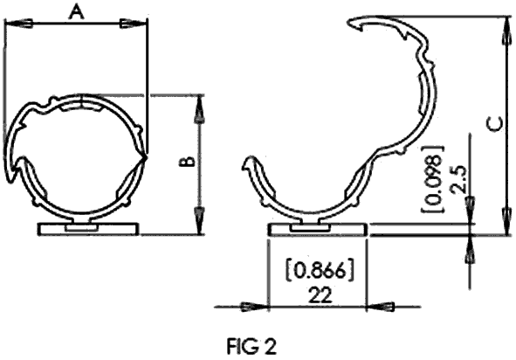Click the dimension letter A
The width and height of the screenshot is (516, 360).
click(x=77, y=12)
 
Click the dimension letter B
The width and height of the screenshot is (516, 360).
click(x=189, y=162)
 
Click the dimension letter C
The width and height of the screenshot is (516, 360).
click(x=495, y=124)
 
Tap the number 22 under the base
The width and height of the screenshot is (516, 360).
click(x=320, y=295)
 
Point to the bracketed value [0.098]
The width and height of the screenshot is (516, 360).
click(x=432, y=178)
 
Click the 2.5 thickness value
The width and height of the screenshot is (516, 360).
click(x=458, y=179)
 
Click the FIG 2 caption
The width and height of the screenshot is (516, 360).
click(x=251, y=347)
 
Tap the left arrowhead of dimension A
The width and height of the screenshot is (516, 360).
click(x=18, y=23)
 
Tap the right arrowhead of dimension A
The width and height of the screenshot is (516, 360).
click(x=134, y=24)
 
